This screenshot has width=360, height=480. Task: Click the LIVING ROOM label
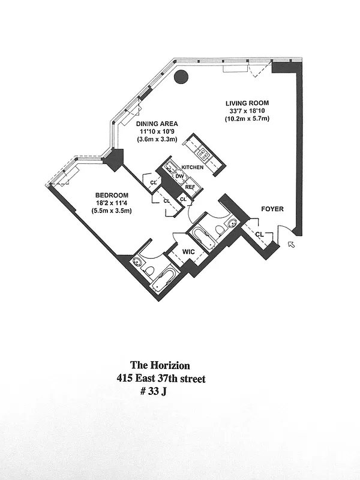[x=247, y=103]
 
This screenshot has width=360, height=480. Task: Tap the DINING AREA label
[x=155, y=124]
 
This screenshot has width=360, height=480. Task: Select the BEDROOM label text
[x=112, y=195]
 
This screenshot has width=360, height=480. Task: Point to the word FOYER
[x=272, y=209]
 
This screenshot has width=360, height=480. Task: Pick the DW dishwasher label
[x=179, y=176]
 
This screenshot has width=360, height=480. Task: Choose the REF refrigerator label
[x=190, y=187]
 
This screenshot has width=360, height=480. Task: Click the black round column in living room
[x=181, y=77]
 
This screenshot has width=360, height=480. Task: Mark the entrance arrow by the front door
[x=292, y=244]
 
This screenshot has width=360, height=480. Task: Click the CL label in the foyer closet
[x=259, y=234]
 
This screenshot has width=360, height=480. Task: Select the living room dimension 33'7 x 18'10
[x=247, y=111]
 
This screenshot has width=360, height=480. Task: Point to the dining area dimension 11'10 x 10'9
[x=155, y=132]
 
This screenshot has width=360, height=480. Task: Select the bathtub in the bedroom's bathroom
[x=163, y=279]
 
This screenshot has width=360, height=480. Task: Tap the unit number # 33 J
[x=155, y=392]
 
